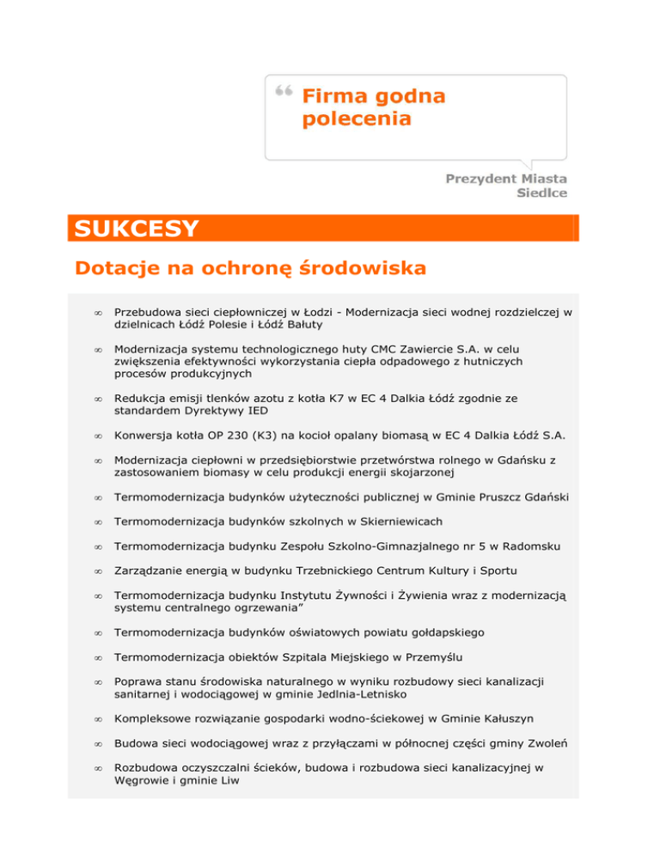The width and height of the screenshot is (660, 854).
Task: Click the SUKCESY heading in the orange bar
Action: coord(137,229)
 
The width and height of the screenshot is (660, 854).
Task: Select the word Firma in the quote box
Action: coord(336,95)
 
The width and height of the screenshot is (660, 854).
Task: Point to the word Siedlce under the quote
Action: coord(541,193)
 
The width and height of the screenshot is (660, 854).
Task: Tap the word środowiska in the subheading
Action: coord(360,269)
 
